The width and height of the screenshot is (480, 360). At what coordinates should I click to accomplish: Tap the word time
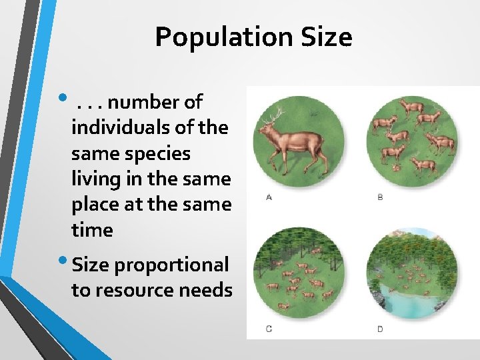[92, 230]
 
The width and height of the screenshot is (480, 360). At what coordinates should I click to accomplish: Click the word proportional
[171, 265]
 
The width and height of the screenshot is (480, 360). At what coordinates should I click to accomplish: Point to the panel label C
[269, 329]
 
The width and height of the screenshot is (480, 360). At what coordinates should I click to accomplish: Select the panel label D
[381, 329]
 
